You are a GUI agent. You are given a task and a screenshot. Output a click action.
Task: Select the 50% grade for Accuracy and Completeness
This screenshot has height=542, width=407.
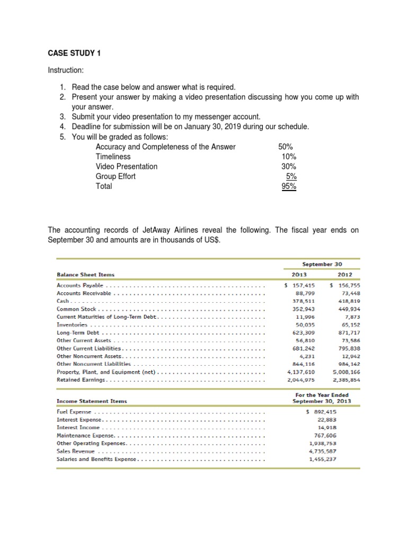(285, 147)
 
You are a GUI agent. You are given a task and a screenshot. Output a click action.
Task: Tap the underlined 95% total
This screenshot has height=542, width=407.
(289, 186)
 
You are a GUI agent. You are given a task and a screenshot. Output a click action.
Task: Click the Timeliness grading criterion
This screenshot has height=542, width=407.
(113, 157)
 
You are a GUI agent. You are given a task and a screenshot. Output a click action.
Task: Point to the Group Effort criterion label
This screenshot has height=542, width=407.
(116, 176)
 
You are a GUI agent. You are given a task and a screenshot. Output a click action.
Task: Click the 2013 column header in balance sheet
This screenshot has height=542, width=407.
(299, 275)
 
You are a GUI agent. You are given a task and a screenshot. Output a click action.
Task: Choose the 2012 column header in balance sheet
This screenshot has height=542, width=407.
(344, 275)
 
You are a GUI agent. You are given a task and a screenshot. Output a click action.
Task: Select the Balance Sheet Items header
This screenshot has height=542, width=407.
(85, 275)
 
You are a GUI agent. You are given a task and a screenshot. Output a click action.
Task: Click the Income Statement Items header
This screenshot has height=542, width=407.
(92, 401)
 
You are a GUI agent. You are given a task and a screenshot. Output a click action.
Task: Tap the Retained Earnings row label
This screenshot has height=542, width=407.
(82, 380)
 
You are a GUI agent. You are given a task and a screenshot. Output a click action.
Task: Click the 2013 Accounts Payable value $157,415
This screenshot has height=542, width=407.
(300, 285)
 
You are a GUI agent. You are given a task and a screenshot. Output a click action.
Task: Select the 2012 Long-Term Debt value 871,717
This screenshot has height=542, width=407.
(347, 332)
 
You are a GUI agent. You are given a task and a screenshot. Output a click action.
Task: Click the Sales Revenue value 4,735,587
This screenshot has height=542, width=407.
(322, 451)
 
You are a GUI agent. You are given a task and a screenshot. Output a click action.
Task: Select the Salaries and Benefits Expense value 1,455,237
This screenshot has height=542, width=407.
(322, 459)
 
